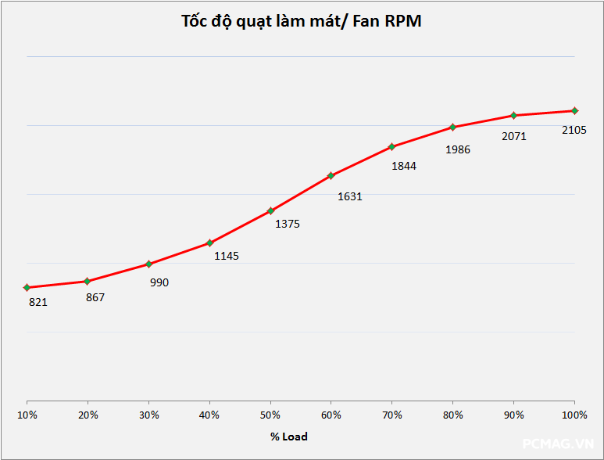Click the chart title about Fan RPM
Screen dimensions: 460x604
pos(301,21)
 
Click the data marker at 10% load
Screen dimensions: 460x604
pos(27,288)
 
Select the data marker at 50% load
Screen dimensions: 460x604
pos(270,210)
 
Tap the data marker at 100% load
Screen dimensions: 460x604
pos(574,110)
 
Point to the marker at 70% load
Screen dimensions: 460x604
pos(392,146)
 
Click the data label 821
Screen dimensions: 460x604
pos(38,302)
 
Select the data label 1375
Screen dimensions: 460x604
pos(287,224)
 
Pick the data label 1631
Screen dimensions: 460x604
pos(349,196)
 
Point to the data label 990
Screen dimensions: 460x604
pos(159,282)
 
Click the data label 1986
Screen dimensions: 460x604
pos(458,149)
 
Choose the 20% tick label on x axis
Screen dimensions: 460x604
pos(88,415)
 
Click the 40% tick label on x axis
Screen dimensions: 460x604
pos(209,415)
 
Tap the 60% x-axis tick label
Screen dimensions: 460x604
pos(331,415)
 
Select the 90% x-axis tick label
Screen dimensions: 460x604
pos(513,415)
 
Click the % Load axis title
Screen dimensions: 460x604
pos(289,437)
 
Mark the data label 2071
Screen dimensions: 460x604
pos(514,136)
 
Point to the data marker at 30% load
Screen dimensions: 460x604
pos(148,264)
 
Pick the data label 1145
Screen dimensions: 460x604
pos(227,256)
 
